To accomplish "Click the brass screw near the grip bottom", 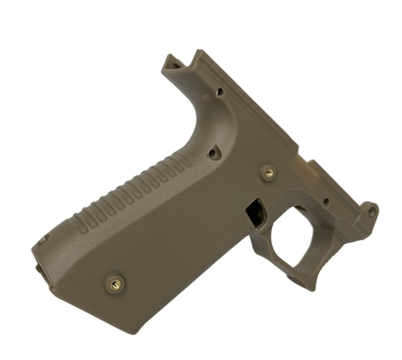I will point(114,283).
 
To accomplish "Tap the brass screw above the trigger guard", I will point(269,173).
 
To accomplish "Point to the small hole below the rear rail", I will point(219,92).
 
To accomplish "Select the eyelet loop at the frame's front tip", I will point(371,212).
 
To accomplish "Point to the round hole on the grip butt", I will point(42,241).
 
